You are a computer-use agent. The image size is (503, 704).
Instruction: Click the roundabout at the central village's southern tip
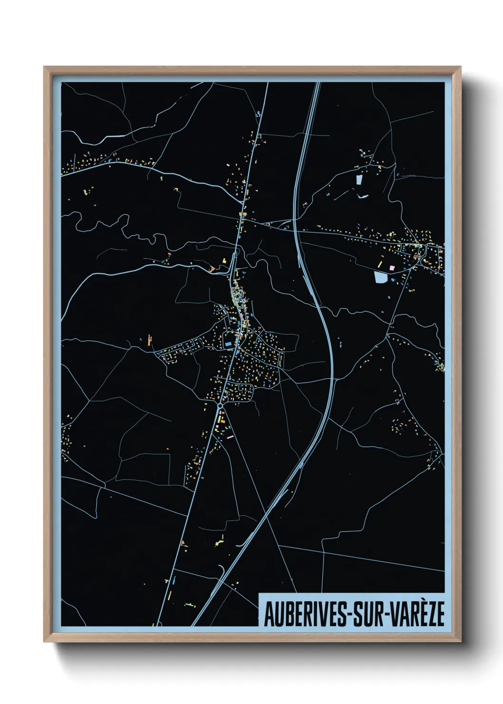[220, 405]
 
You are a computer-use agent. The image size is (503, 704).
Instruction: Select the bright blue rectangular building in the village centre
[228, 343]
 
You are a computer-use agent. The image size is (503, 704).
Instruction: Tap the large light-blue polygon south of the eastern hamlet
[381, 277]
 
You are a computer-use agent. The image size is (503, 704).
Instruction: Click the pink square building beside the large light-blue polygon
[392, 268]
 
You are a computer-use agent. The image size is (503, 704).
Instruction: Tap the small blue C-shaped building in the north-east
[397, 175]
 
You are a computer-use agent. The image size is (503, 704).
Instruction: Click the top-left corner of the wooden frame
[44, 67]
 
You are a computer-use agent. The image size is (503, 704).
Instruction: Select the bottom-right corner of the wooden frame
[460, 642]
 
